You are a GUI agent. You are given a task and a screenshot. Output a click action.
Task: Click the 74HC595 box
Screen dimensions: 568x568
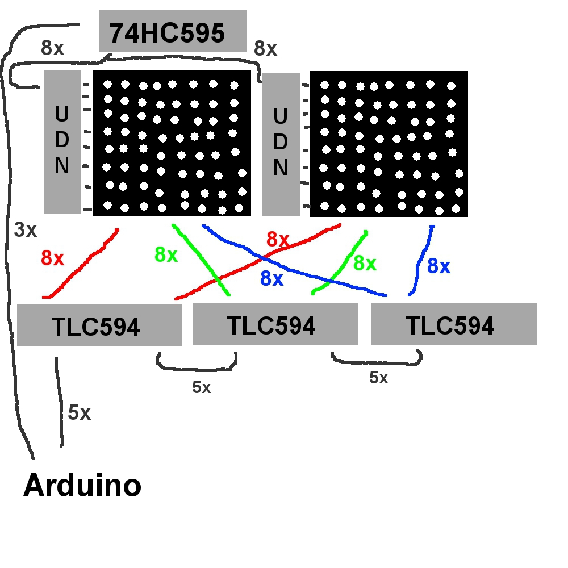(x=172, y=31)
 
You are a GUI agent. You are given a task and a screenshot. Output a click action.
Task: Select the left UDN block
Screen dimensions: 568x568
(x=62, y=142)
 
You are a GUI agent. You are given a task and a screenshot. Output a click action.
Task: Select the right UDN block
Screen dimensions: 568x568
(x=281, y=144)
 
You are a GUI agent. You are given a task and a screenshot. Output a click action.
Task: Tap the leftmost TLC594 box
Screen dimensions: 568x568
(x=99, y=325)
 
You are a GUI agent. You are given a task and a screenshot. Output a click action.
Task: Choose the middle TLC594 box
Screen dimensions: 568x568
(x=275, y=324)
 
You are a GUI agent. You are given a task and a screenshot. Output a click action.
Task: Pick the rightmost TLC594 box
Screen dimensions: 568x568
(x=453, y=324)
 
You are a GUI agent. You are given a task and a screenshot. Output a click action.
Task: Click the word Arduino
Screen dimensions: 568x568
(x=82, y=486)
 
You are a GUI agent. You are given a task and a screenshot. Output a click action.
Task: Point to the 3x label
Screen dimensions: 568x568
(x=26, y=230)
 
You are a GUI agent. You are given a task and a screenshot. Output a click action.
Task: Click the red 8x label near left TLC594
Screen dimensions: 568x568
(x=52, y=258)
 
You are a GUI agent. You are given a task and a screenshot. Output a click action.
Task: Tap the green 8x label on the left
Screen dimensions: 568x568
(x=166, y=255)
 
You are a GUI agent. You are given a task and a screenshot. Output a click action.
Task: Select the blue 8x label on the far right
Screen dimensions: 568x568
(x=438, y=266)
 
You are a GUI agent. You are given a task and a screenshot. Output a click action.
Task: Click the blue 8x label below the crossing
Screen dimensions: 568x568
(x=272, y=278)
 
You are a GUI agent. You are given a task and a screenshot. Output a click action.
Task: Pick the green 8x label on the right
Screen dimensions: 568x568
(x=365, y=263)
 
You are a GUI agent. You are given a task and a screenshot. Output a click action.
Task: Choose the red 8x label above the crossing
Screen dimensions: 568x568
(x=278, y=240)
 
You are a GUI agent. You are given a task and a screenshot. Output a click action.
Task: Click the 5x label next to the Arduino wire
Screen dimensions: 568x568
(x=79, y=413)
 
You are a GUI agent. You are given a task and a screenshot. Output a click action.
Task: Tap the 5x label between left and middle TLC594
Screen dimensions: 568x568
(x=201, y=387)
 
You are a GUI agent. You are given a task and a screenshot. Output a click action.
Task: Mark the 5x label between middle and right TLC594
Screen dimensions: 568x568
(x=378, y=378)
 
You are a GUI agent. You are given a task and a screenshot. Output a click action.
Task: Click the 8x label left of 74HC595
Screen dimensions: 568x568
(x=53, y=48)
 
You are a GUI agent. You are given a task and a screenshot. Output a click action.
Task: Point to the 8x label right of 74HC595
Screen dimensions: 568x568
(x=265, y=49)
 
